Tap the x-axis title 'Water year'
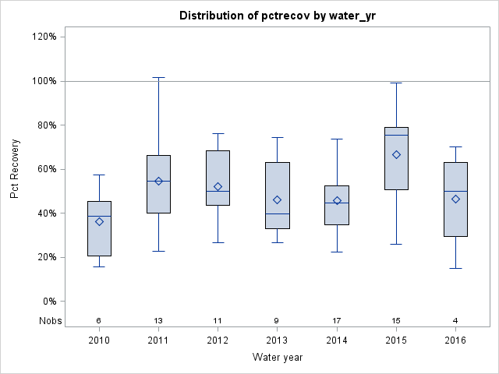277,358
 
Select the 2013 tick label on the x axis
277,340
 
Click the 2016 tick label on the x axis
455,340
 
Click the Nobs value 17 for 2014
336,321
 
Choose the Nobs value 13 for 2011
158,321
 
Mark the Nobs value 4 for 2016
455,321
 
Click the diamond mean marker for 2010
99,221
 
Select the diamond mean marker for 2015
396,154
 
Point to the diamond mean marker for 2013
277,199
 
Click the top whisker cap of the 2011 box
158,77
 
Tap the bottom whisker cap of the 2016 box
455,268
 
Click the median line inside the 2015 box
396,136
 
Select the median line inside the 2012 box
218,191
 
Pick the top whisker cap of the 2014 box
336,139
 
